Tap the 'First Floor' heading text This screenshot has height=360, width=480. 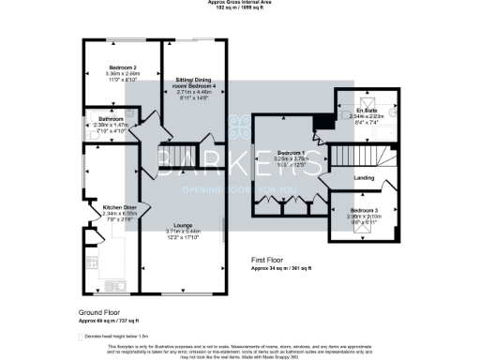coord(272,260)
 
